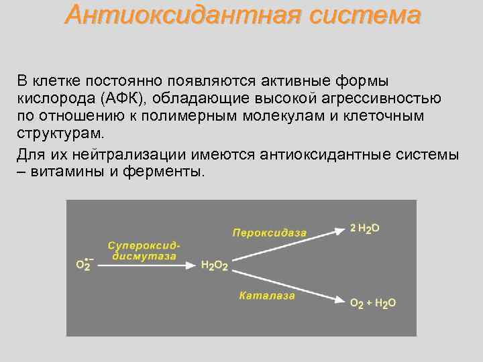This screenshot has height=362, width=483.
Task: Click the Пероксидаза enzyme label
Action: coord(270,233)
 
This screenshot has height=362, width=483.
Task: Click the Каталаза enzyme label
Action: coord(267,296)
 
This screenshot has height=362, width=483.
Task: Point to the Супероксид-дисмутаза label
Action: coord(145,251)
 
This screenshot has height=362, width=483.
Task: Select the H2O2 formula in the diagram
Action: coord(215,266)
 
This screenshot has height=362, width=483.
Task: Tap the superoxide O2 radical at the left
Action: coord(84,265)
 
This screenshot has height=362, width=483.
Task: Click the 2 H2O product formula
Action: coord(365,229)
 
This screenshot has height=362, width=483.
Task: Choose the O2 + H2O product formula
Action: coord(373,303)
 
